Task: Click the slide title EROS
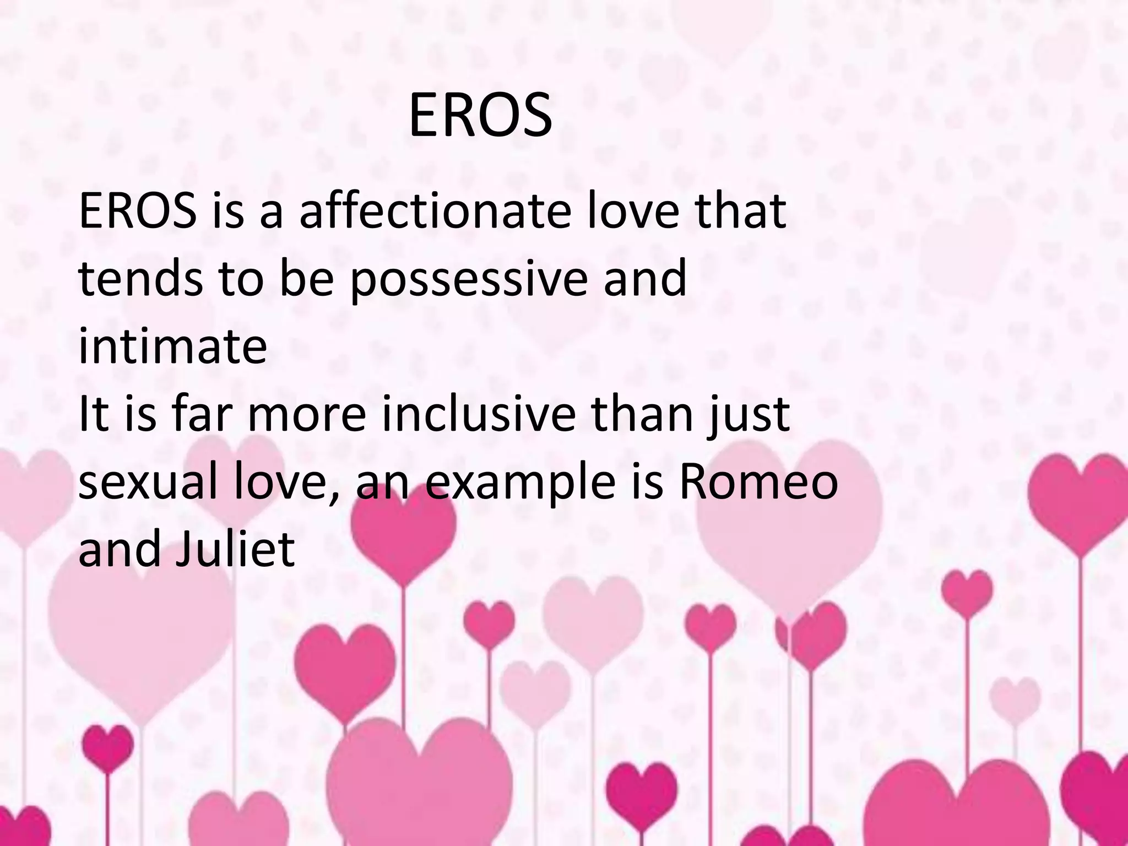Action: click(480, 116)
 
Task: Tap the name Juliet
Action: click(235, 550)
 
